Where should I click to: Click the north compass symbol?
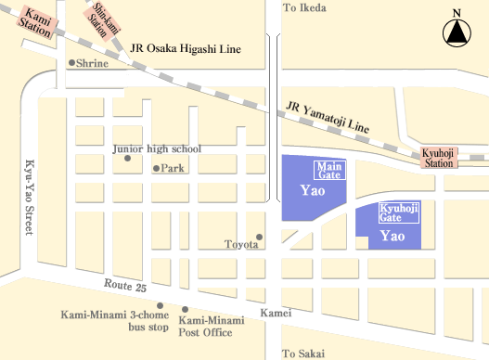point(456,32)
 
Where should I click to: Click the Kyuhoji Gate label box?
point(399,214)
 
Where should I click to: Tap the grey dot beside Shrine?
point(71,63)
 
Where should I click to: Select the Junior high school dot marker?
point(127,158)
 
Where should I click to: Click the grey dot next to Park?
point(155,168)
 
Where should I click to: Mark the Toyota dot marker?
point(260,237)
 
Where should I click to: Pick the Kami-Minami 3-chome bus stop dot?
point(161,305)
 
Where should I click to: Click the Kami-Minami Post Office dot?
point(186,309)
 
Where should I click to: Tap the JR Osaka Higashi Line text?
point(186,49)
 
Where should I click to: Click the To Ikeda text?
point(305,7)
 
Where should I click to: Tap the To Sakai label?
point(304,353)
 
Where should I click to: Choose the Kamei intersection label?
point(277,314)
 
